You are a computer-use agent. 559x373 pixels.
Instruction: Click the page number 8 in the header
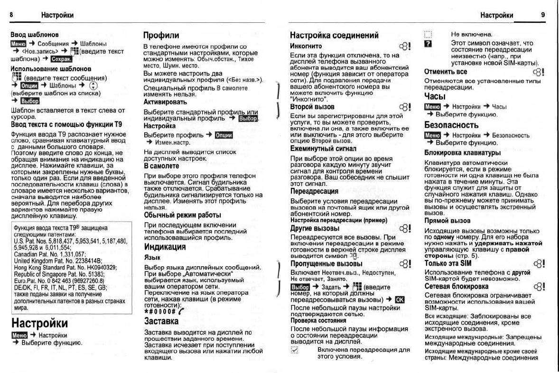tap(11, 15)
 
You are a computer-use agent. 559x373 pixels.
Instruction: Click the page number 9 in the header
tap(543, 15)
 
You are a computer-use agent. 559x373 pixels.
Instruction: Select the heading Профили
tap(161, 35)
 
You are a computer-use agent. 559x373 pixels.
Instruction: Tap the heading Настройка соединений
tap(334, 35)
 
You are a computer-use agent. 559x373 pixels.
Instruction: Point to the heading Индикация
tap(165, 247)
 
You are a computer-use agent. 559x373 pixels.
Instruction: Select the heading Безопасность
tap(451, 125)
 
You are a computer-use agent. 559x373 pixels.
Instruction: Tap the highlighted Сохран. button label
tap(62, 59)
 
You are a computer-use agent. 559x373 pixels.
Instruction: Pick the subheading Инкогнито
tap(306, 47)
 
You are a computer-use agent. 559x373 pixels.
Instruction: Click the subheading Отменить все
tap(446, 72)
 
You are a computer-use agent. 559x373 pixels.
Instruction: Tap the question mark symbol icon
tap(428, 43)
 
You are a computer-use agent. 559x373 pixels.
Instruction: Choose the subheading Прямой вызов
tap(447, 221)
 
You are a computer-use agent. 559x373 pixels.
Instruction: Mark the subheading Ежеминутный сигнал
tap(323, 149)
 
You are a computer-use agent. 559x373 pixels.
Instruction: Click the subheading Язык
tap(152, 257)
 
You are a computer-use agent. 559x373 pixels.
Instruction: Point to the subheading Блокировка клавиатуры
tap(462, 153)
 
